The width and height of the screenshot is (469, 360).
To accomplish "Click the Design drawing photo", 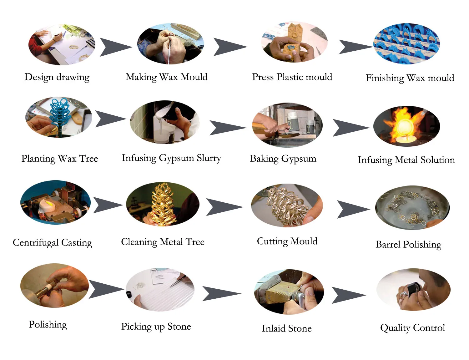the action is (62, 44).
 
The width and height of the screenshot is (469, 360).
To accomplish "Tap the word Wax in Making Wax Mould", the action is (169, 77).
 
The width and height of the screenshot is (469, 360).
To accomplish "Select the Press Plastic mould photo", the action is (294, 42).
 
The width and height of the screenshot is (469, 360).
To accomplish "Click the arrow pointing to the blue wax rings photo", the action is (355, 47).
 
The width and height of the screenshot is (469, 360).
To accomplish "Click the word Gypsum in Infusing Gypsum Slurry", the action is (176, 158).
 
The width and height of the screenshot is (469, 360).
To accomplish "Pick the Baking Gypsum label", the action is (283, 159).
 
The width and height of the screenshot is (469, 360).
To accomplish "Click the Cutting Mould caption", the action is (287, 241).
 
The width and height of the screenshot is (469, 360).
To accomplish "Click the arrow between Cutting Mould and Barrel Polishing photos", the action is (352, 209).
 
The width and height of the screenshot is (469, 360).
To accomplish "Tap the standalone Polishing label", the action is (48, 325).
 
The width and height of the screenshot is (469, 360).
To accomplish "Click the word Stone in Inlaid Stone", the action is (300, 328).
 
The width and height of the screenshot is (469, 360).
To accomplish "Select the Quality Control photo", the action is (413, 289).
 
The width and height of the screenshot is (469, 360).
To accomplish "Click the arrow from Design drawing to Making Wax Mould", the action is (115, 47).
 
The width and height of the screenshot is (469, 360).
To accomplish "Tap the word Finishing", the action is (385, 78).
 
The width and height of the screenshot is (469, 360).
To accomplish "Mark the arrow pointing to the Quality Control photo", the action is (348, 295).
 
